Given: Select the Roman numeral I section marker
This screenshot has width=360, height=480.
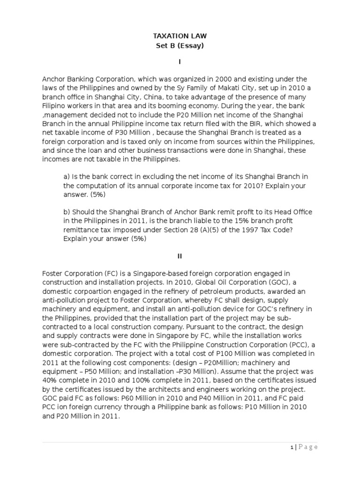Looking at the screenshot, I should point(180,61).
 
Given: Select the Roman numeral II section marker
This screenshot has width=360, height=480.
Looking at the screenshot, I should point(180,256).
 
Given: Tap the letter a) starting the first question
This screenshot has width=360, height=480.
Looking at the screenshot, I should point(67,176).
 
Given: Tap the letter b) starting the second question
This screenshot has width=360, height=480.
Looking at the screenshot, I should point(67,212).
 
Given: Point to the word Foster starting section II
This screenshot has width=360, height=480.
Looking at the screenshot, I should point(53,273).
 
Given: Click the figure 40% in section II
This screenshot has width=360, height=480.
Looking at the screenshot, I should point(51,372).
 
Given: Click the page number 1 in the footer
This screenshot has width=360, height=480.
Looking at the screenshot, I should point(291,447).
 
